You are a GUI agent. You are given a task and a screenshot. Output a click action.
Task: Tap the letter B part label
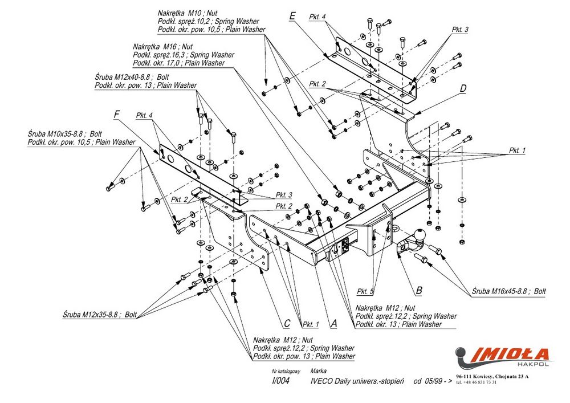[x=419, y=290]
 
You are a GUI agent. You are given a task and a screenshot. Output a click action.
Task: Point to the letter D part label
[x=463, y=88]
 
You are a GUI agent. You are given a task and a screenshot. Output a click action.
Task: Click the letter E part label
[x=292, y=16]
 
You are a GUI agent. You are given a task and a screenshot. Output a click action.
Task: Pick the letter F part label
[x=116, y=115]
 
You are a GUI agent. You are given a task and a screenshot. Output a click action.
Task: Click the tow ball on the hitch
[x=420, y=234]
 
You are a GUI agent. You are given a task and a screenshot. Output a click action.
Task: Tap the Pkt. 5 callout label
[x=365, y=292]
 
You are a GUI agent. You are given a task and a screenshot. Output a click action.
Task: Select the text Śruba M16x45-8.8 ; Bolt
[x=508, y=291]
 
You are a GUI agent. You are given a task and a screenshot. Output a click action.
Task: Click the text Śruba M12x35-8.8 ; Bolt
[x=100, y=314]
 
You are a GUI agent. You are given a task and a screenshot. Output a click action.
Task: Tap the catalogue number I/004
[x=281, y=381]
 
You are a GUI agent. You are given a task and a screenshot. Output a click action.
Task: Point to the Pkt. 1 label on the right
[x=517, y=150]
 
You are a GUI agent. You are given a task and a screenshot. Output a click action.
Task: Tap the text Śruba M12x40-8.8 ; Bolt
[x=132, y=77]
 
